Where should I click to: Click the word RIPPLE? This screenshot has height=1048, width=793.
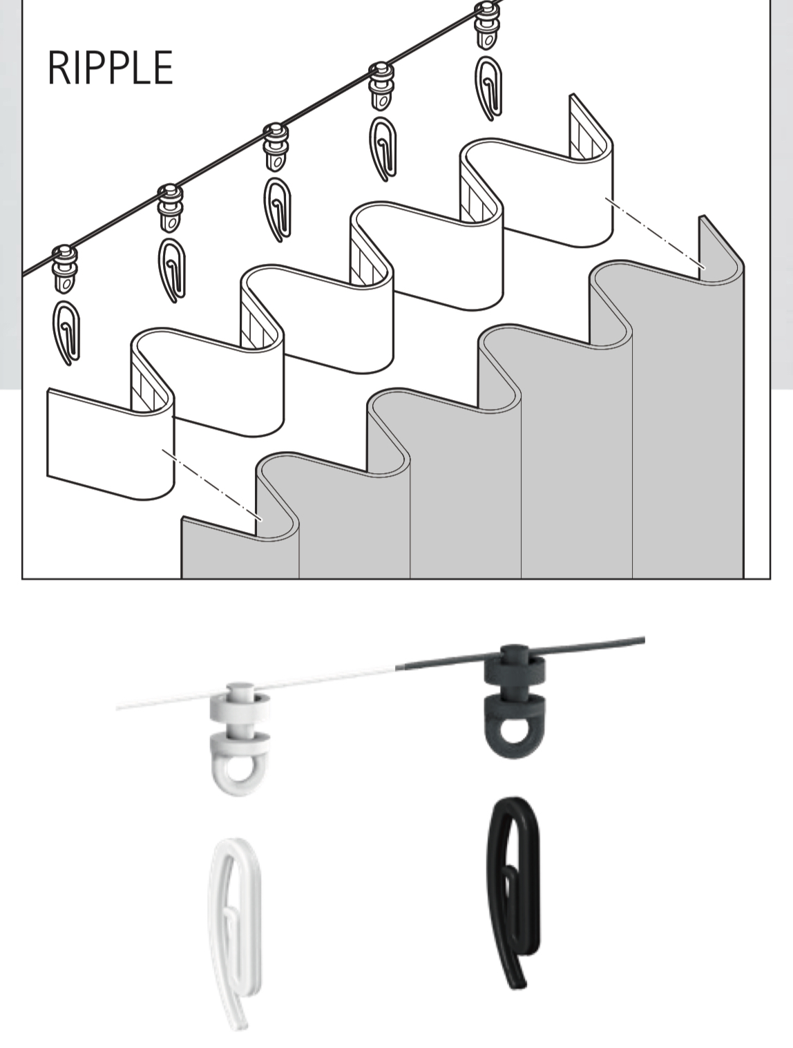[x=111, y=68]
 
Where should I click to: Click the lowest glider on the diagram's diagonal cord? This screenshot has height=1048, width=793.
[x=64, y=269]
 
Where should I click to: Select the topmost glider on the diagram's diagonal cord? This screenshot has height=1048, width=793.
[x=486, y=25]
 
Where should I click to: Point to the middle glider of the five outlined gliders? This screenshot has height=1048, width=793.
[x=275, y=147]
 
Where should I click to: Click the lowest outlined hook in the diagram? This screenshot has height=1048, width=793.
[x=66, y=332]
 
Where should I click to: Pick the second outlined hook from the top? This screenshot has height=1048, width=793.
[x=383, y=149]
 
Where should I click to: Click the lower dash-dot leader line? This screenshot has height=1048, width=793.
[x=211, y=484]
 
